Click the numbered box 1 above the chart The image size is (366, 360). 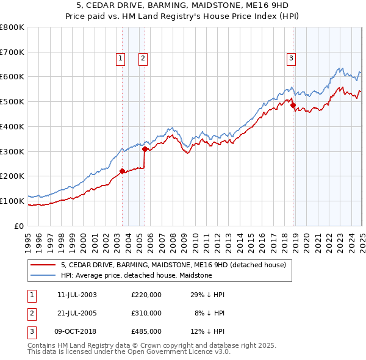120,59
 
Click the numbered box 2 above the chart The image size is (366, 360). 142,59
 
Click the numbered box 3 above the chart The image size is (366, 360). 291,59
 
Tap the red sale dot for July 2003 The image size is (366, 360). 122,171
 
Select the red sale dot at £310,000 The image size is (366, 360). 145,148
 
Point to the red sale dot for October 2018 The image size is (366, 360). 293,105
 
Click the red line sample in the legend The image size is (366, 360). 43,265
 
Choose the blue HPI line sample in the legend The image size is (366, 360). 43,275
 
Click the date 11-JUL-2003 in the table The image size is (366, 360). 77,295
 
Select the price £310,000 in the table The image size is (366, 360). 146,313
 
